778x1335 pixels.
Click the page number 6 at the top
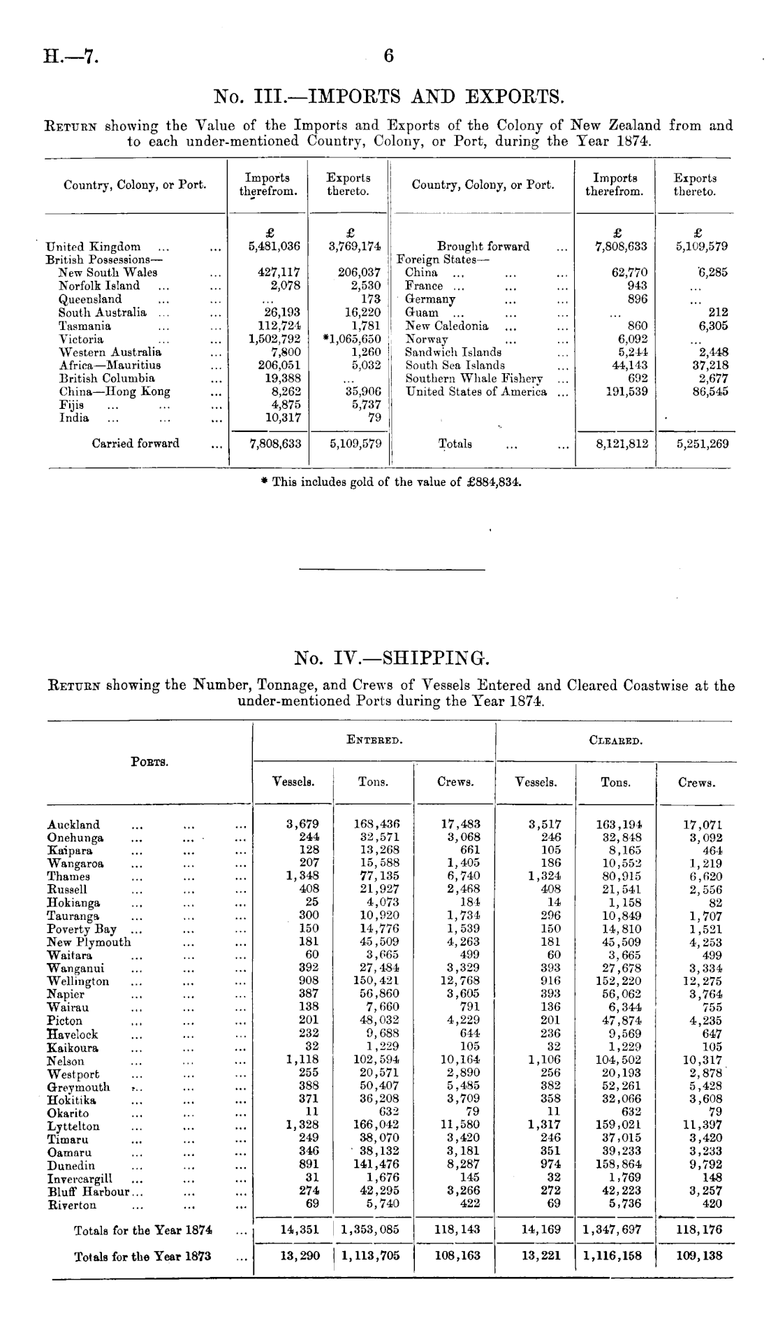(389, 57)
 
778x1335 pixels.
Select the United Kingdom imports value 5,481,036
(274, 247)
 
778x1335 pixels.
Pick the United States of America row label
(476, 391)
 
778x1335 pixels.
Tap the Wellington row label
(78, 981)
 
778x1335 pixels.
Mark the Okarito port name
(68, 1113)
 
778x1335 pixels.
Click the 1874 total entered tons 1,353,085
(371, 1230)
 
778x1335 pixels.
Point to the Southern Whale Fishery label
(474, 378)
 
